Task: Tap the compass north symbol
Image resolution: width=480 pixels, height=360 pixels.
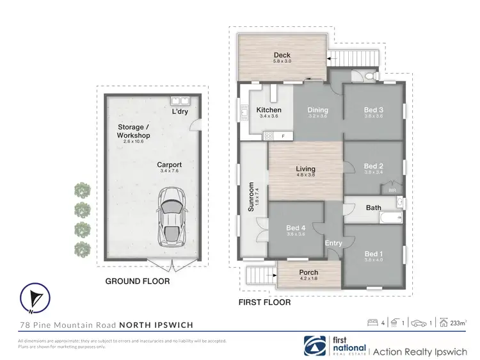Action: [x=35, y=297]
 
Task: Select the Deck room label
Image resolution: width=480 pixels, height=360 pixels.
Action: [x=282, y=55]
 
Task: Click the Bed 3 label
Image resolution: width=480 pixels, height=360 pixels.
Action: [x=373, y=110]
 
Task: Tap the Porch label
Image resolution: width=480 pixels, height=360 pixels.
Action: [x=308, y=273]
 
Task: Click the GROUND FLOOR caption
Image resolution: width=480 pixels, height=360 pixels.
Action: [x=138, y=281]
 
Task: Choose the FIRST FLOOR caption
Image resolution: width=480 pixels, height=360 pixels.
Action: [x=264, y=302]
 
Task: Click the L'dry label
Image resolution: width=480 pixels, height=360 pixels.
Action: [x=180, y=112]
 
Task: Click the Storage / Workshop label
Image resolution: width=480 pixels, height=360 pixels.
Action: [x=133, y=131]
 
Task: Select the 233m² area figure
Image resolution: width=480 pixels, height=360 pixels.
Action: [x=458, y=323]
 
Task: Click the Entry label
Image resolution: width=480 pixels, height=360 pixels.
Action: [x=333, y=243]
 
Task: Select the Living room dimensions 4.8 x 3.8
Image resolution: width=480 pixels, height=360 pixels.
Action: [x=306, y=176]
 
